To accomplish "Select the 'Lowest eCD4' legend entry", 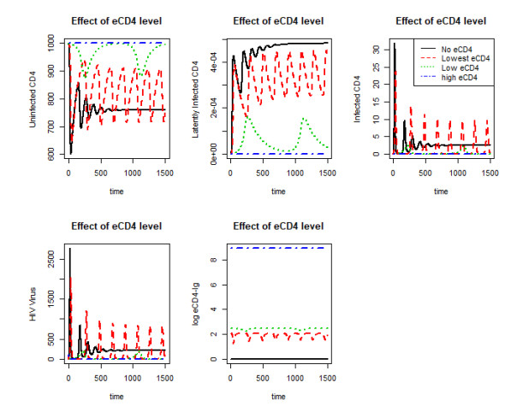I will click(x=465, y=57).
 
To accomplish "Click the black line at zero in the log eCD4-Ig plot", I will click(x=282, y=358).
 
